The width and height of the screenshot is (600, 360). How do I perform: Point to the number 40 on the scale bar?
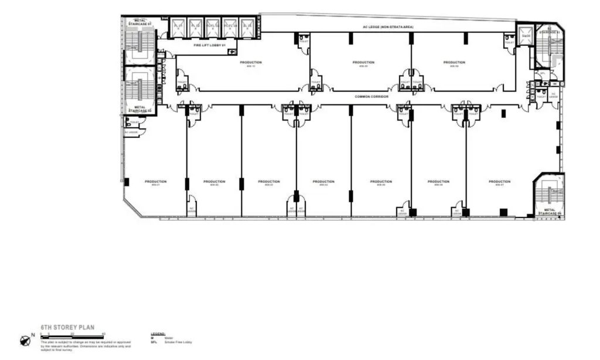point(104,334)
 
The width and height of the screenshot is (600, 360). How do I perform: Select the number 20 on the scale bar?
point(72,334)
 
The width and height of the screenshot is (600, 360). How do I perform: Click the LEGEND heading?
point(158,333)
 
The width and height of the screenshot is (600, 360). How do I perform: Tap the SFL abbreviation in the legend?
point(153,341)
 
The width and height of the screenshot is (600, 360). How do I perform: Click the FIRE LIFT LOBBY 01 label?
point(209,45)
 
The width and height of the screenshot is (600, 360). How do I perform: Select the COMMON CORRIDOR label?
point(371,96)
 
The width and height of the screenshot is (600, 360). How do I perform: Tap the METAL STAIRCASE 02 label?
point(140,108)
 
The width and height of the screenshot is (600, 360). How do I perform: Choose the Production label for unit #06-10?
point(251,62)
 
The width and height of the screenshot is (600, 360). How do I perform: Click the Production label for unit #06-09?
point(363,62)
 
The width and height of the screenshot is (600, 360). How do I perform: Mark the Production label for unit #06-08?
point(454,62)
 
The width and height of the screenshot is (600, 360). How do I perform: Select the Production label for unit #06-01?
point(155,182)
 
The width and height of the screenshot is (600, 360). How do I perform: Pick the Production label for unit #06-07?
point(499,182)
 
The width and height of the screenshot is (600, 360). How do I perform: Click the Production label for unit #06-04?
point(323,182)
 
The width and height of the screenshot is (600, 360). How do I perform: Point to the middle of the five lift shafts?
point(213,27)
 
